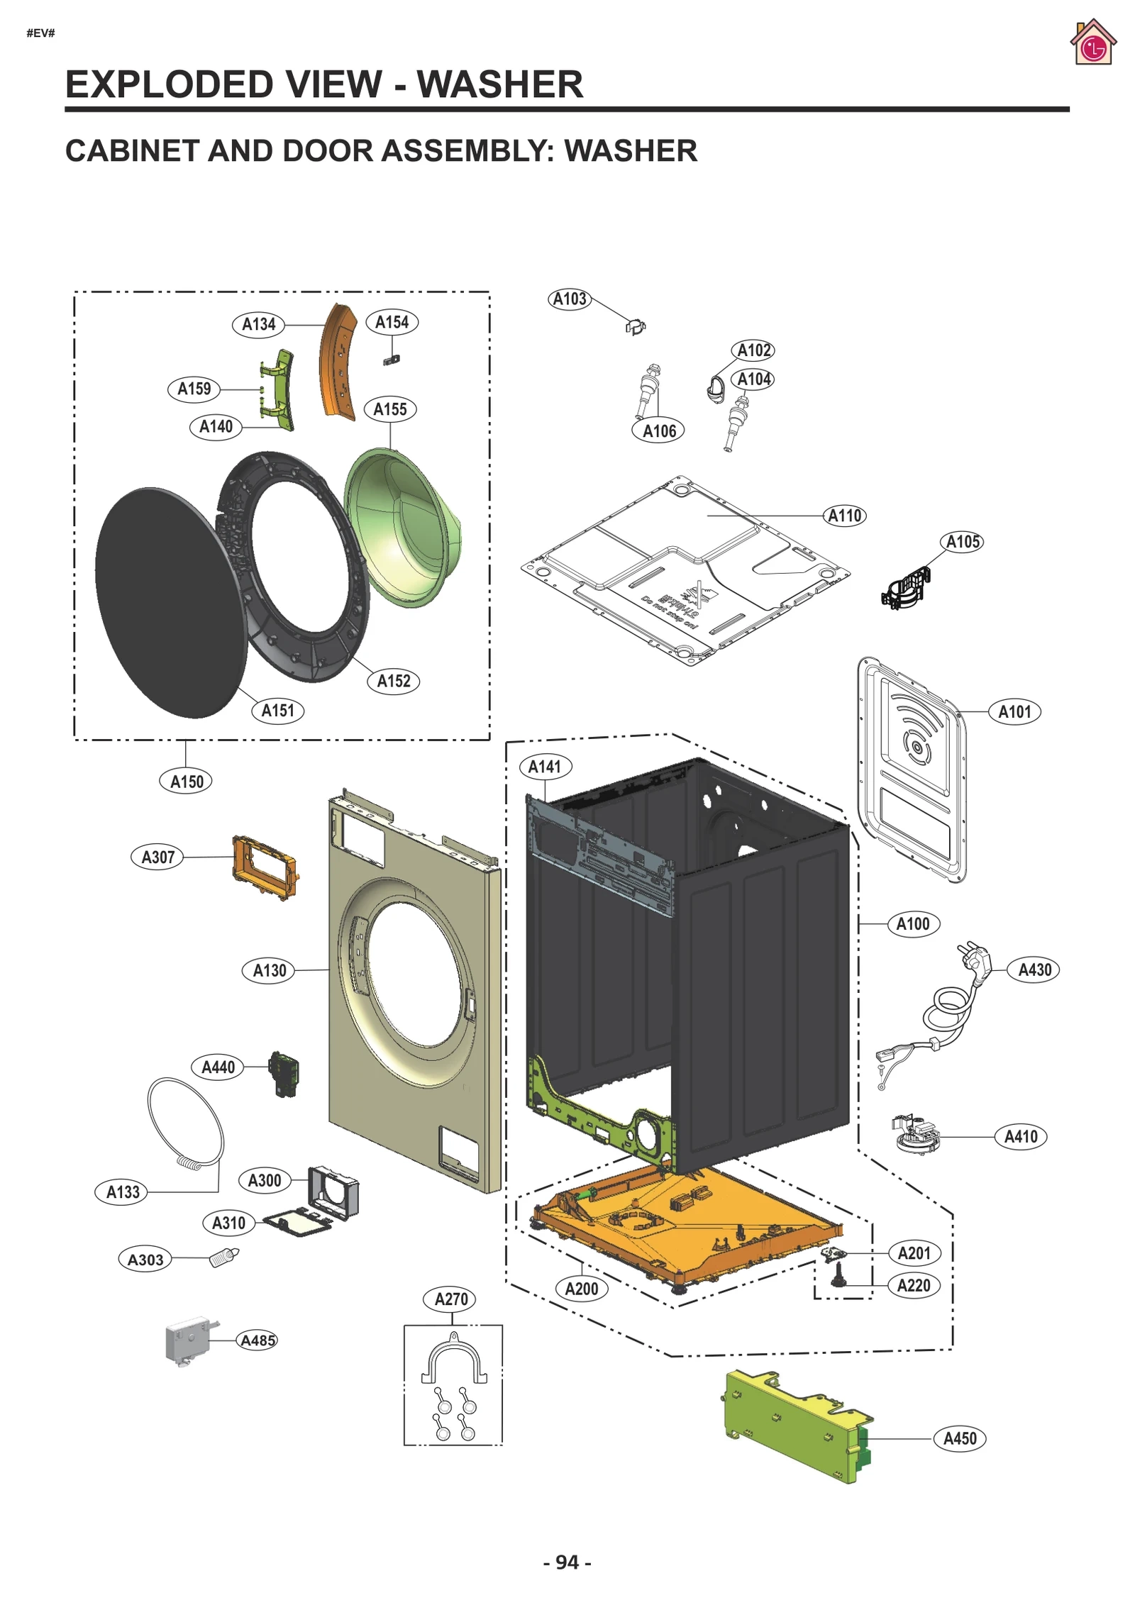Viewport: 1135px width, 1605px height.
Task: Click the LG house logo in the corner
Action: [1092, 43]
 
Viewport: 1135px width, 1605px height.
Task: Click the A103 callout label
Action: [570, 299]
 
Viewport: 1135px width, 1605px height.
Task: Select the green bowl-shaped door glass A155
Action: [401, 528]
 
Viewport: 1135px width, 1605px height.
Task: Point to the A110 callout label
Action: [844, 516]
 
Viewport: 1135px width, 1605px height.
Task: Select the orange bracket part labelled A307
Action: [264, 867]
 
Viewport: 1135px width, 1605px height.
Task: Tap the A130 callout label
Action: [270, 970]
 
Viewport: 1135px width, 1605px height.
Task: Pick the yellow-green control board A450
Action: [794, 1426]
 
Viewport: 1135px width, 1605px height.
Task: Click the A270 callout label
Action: [451, 1299]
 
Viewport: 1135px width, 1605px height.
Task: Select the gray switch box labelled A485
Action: [189, 1340]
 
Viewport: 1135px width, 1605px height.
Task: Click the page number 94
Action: [567, 1562]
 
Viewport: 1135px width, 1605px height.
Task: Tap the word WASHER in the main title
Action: [499, 84]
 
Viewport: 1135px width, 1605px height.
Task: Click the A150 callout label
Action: [187, 782]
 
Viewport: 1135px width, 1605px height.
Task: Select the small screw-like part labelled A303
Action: [224, 1257]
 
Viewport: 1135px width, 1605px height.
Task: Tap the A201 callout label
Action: [914, 1253]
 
